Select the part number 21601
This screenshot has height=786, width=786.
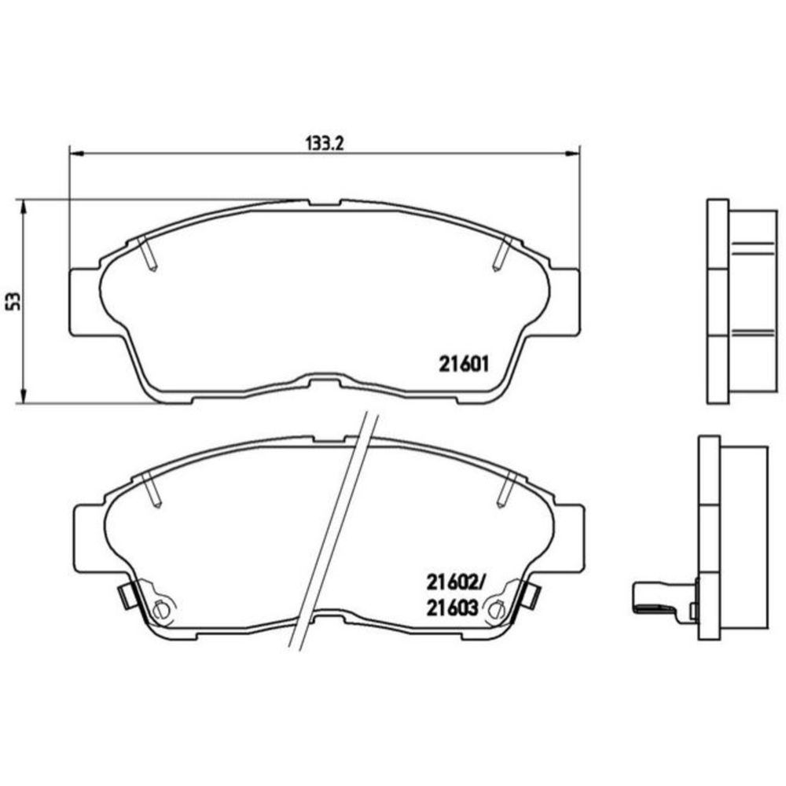click(464, 364)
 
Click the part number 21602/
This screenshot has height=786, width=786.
click(457, 582)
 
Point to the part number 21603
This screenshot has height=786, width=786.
click(452, 608)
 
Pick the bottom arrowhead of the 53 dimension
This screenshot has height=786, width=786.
click(22, 396)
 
